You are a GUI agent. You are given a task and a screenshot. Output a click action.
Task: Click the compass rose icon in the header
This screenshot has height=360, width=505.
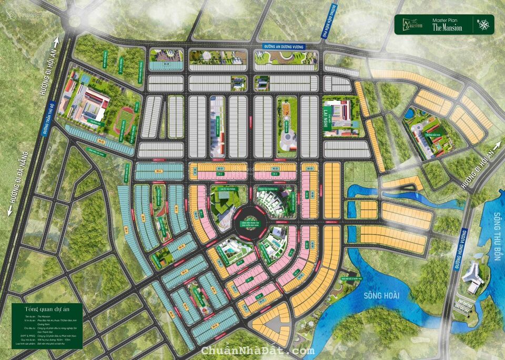[482, 24]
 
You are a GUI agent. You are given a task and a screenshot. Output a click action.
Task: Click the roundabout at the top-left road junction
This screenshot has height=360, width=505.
[75, 20]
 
